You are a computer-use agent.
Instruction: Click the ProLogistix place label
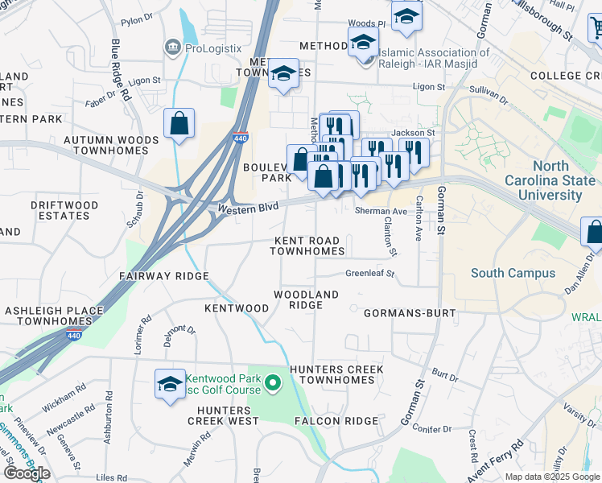212,48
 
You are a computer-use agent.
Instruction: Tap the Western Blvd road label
248,208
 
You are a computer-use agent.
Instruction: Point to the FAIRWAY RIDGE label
163,276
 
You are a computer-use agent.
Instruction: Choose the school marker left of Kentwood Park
171,384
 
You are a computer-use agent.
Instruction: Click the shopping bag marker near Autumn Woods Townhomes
179,124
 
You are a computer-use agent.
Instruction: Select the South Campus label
513,273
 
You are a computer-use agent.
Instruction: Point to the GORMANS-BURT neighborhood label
410,312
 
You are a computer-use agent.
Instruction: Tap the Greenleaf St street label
369,274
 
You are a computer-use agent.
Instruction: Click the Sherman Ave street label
381,209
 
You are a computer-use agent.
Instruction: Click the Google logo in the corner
27,473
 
